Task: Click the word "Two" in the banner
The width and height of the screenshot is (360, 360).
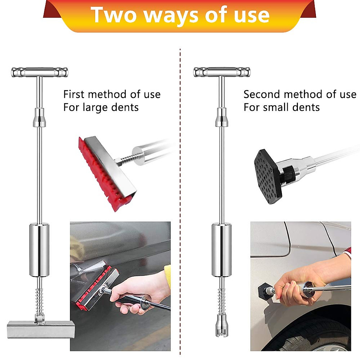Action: (x=114, y=15)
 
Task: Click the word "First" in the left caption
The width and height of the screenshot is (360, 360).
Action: (x=74, y=94)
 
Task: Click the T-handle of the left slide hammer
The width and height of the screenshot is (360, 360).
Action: (x=40, y=72)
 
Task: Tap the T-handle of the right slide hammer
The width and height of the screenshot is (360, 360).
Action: (x=222, y=72)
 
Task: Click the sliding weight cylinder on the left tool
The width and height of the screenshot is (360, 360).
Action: (x=39, y=250)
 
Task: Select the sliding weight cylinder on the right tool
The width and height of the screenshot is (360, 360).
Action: (x=221, y=250)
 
